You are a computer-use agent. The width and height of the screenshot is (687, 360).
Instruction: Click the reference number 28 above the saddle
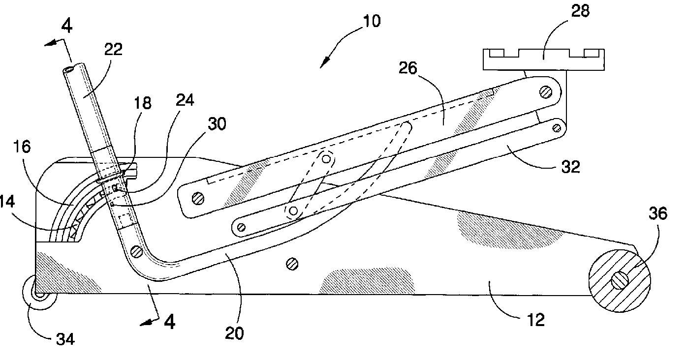pos(581,11)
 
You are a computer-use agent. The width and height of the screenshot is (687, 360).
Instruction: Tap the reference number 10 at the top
pos(373,22)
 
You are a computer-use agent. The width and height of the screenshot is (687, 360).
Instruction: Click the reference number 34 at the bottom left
pos(64,339)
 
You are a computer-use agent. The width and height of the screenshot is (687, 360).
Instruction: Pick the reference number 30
pos(217,124)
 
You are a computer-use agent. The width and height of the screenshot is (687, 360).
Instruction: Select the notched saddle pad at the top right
pos(543,60)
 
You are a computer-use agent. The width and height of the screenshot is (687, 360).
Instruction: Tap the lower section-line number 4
pos(169,322)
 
